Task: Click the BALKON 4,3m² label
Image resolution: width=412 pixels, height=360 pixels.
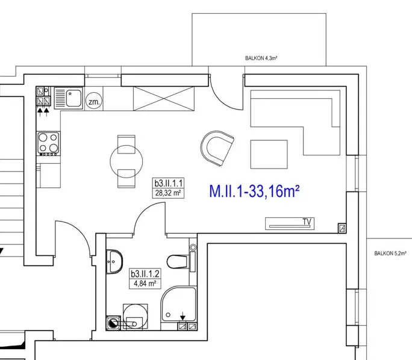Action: (x=261, y=58)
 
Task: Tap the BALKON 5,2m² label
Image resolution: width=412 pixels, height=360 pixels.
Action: (x=390, y=253)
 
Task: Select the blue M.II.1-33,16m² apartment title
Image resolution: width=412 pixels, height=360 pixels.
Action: (x=254, y=191)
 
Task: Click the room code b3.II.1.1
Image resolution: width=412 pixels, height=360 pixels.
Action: (x=168, y=183)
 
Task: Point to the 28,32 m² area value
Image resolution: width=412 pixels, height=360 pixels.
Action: (x=168, y=193)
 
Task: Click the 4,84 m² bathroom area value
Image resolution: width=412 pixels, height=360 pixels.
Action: (x=145, y=284)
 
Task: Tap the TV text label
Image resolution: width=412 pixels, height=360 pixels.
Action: (x=307, y=222)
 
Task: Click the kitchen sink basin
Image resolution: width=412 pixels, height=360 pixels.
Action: (x=73, y=98)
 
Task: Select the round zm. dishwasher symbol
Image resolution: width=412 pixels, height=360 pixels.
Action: (x=94, y=101)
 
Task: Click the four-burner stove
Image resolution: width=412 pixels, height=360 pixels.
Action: (x=48, y=143)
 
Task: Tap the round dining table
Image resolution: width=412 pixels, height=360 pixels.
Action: (x=126, y=161)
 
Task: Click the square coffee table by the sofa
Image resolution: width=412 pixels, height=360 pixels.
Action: (x=269, y=154)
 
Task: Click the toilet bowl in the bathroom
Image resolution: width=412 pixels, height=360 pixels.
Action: (x=177, y=261)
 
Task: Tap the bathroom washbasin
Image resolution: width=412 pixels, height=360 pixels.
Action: (x=114, y=261)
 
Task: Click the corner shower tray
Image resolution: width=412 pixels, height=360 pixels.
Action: (x=179, y=304)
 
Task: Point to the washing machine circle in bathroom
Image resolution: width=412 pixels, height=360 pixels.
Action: (x=136, y=317)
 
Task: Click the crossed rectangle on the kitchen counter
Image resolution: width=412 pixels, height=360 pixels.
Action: (x=164, y=99)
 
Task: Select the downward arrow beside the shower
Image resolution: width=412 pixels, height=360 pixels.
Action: (x=183, y=316)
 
